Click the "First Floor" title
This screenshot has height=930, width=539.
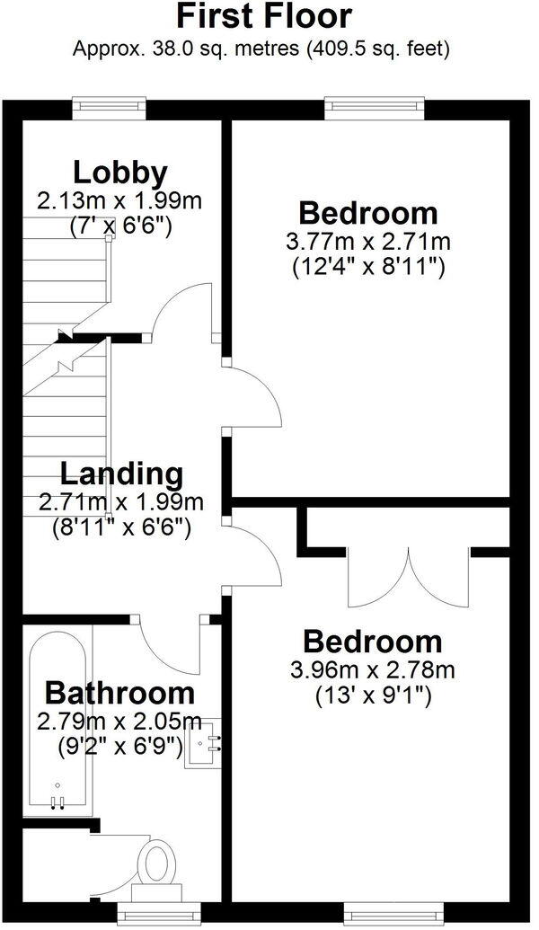point(263,17)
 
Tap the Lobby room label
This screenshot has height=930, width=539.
point(120,171)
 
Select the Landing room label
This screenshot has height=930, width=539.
point(121,473)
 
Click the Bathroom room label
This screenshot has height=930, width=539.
point(119,693)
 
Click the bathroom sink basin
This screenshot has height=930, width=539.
point(203,745)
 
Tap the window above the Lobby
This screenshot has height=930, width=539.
point(109,105)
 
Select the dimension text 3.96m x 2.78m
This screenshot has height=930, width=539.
point(373,669)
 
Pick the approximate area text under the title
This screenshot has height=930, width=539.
point(261,48)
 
